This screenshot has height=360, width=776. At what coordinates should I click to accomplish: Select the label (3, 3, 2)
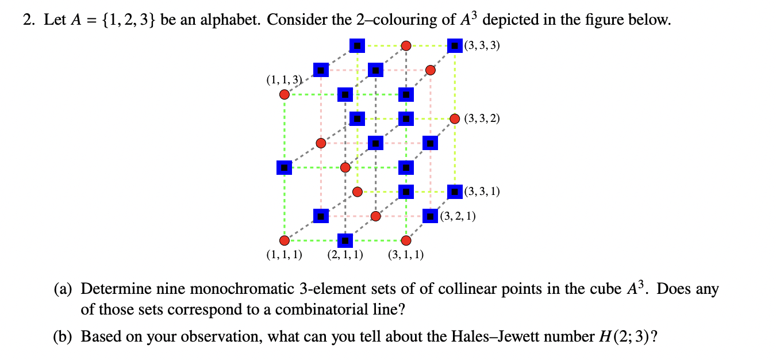[482, 119]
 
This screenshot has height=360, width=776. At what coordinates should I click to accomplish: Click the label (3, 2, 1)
[457, 216]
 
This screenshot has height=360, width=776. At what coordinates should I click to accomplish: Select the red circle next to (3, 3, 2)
[455, 119]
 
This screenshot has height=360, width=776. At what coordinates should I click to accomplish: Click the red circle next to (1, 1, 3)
[284, 94]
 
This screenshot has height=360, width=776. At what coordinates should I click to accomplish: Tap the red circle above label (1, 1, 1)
[284, 240]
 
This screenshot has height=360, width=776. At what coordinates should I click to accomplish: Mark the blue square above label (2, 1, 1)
[345, 240]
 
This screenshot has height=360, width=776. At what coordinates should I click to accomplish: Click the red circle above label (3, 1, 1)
[406, 240]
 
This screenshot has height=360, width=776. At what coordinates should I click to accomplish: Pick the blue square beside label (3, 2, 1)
[430, 216]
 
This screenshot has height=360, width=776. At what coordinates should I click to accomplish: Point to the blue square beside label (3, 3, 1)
[455, 192]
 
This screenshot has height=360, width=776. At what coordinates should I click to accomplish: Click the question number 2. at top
[28, 21]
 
